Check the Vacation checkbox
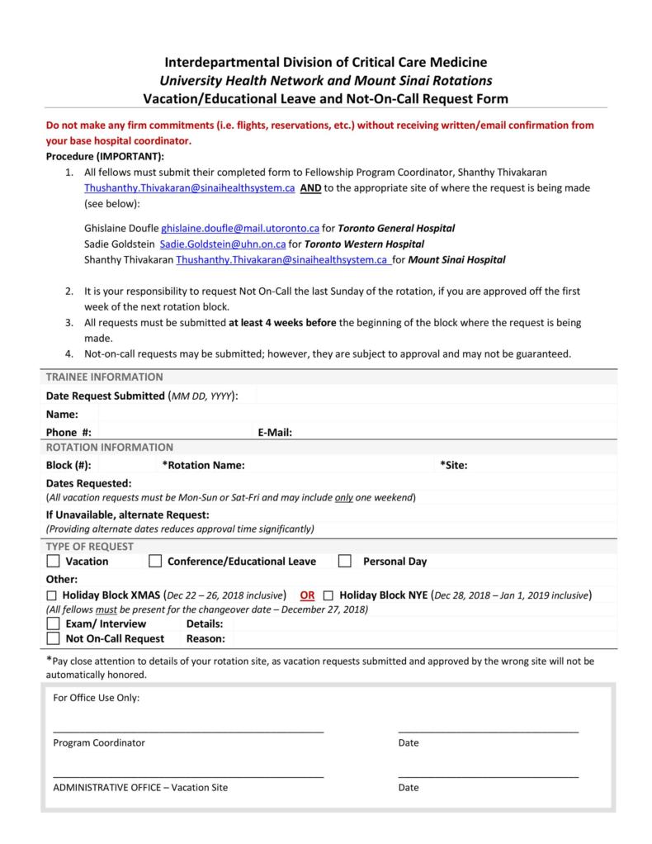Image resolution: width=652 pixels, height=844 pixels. (x=53, y=562)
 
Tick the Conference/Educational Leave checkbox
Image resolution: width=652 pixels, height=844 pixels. (x=155, y=562)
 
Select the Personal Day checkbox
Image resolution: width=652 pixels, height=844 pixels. (x=345, y=562)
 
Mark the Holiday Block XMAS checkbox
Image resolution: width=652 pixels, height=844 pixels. (x=52, y=595)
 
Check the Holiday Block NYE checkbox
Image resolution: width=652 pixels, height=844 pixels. (x=328, y=595)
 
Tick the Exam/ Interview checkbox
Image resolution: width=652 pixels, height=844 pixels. (x=53, y=624)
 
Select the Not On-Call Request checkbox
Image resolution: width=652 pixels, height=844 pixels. (x=53, y=638)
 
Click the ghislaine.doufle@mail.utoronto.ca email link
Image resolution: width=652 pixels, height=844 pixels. (x=240, y=228)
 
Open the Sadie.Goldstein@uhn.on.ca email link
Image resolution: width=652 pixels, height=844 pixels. (x=223, y=244)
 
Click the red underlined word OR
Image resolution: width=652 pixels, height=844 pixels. (x=307, y=595)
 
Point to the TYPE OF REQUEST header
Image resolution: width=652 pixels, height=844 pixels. (x=89, y=547)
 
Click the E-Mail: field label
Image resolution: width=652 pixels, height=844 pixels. (x=275, y=432)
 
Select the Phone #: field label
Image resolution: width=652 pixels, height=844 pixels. (x=69, y=432)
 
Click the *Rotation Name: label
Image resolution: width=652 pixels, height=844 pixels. (x=203, y=465)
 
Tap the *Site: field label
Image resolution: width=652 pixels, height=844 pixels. (x=454, y=465)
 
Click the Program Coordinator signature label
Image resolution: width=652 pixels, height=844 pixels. (x=99, y=742)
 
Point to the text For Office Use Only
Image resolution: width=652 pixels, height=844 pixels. (x=97, y=698)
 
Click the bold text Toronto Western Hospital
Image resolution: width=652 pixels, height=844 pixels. (x=364, y=244)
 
